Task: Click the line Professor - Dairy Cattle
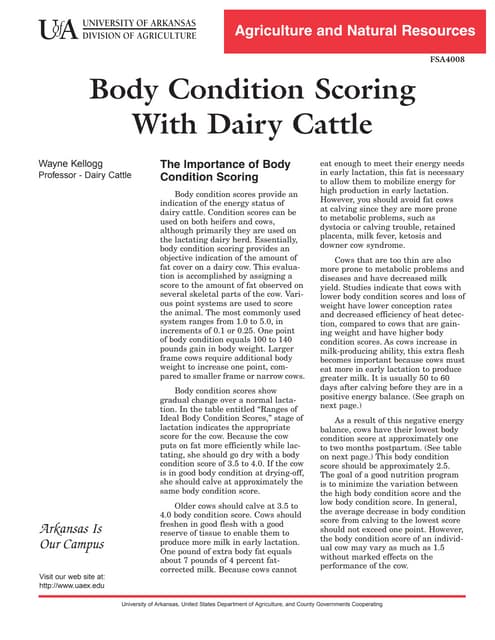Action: [x=85, y=176]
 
